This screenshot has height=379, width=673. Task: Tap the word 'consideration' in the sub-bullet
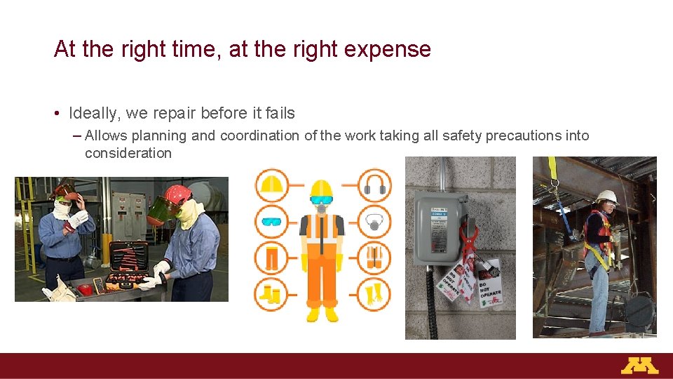(x=128, y=153)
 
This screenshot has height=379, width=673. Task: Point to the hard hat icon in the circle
(x=271, y=185)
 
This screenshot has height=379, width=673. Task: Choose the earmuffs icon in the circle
(x=374, y=185)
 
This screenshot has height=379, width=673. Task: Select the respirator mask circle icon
(x=374, y=222)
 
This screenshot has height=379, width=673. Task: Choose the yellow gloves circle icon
(x=374, y=294)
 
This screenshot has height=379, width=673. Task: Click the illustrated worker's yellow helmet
(x=321, y=189)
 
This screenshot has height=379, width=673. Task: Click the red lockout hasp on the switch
(x=468, y=242)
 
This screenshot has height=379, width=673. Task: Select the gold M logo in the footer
(x=639, y=366)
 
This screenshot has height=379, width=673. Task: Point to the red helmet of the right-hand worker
(x=178, y=193)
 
